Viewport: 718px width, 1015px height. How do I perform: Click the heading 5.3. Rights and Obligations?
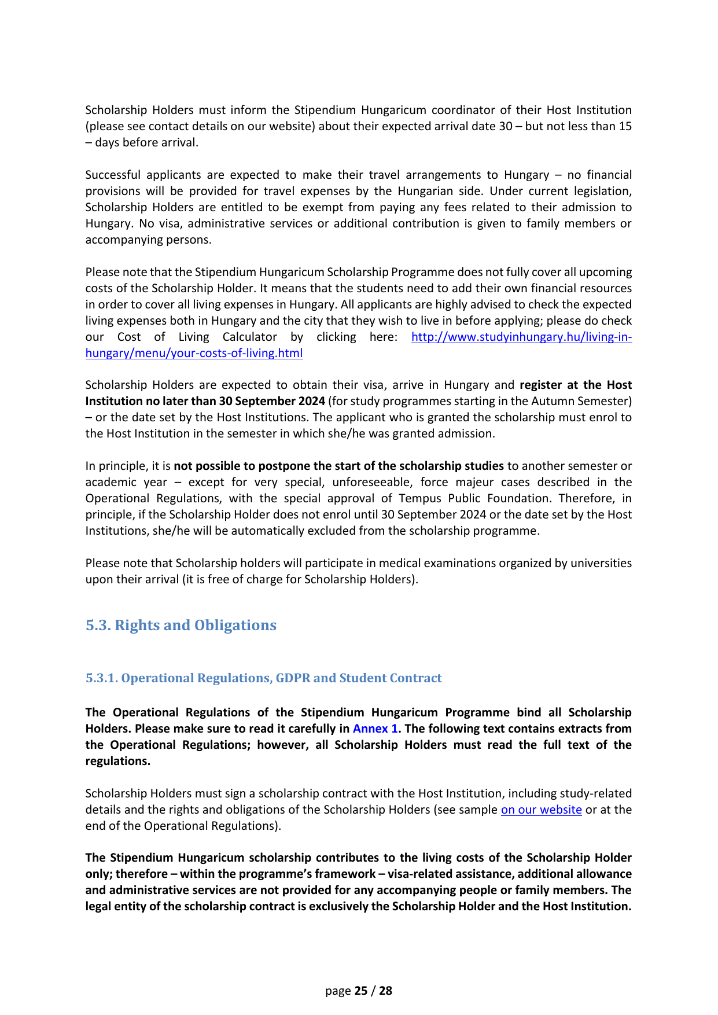pos(181,626)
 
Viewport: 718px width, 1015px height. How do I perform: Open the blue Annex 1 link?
pos(375,729)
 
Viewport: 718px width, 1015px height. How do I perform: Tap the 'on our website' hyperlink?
pos(541,810)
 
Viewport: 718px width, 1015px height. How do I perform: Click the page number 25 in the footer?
pos(361,991)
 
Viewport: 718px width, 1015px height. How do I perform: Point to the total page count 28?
pos(385,991)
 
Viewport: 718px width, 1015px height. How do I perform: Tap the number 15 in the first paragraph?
pos(625,126)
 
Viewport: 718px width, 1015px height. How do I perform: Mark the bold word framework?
pos(341,874)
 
